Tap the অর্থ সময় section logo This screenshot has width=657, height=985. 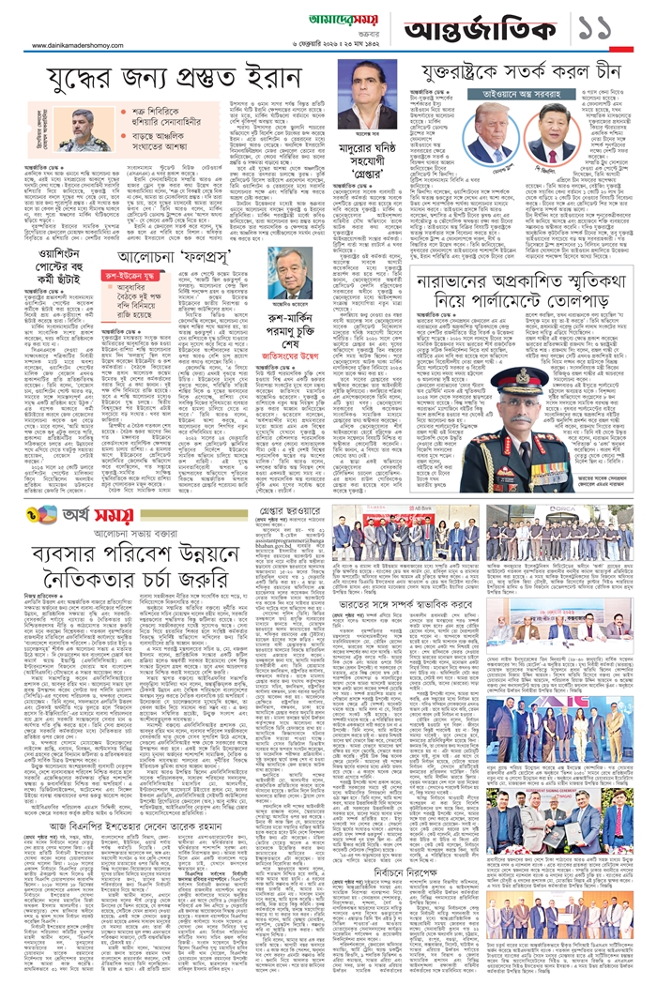[x=58, y=515]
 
